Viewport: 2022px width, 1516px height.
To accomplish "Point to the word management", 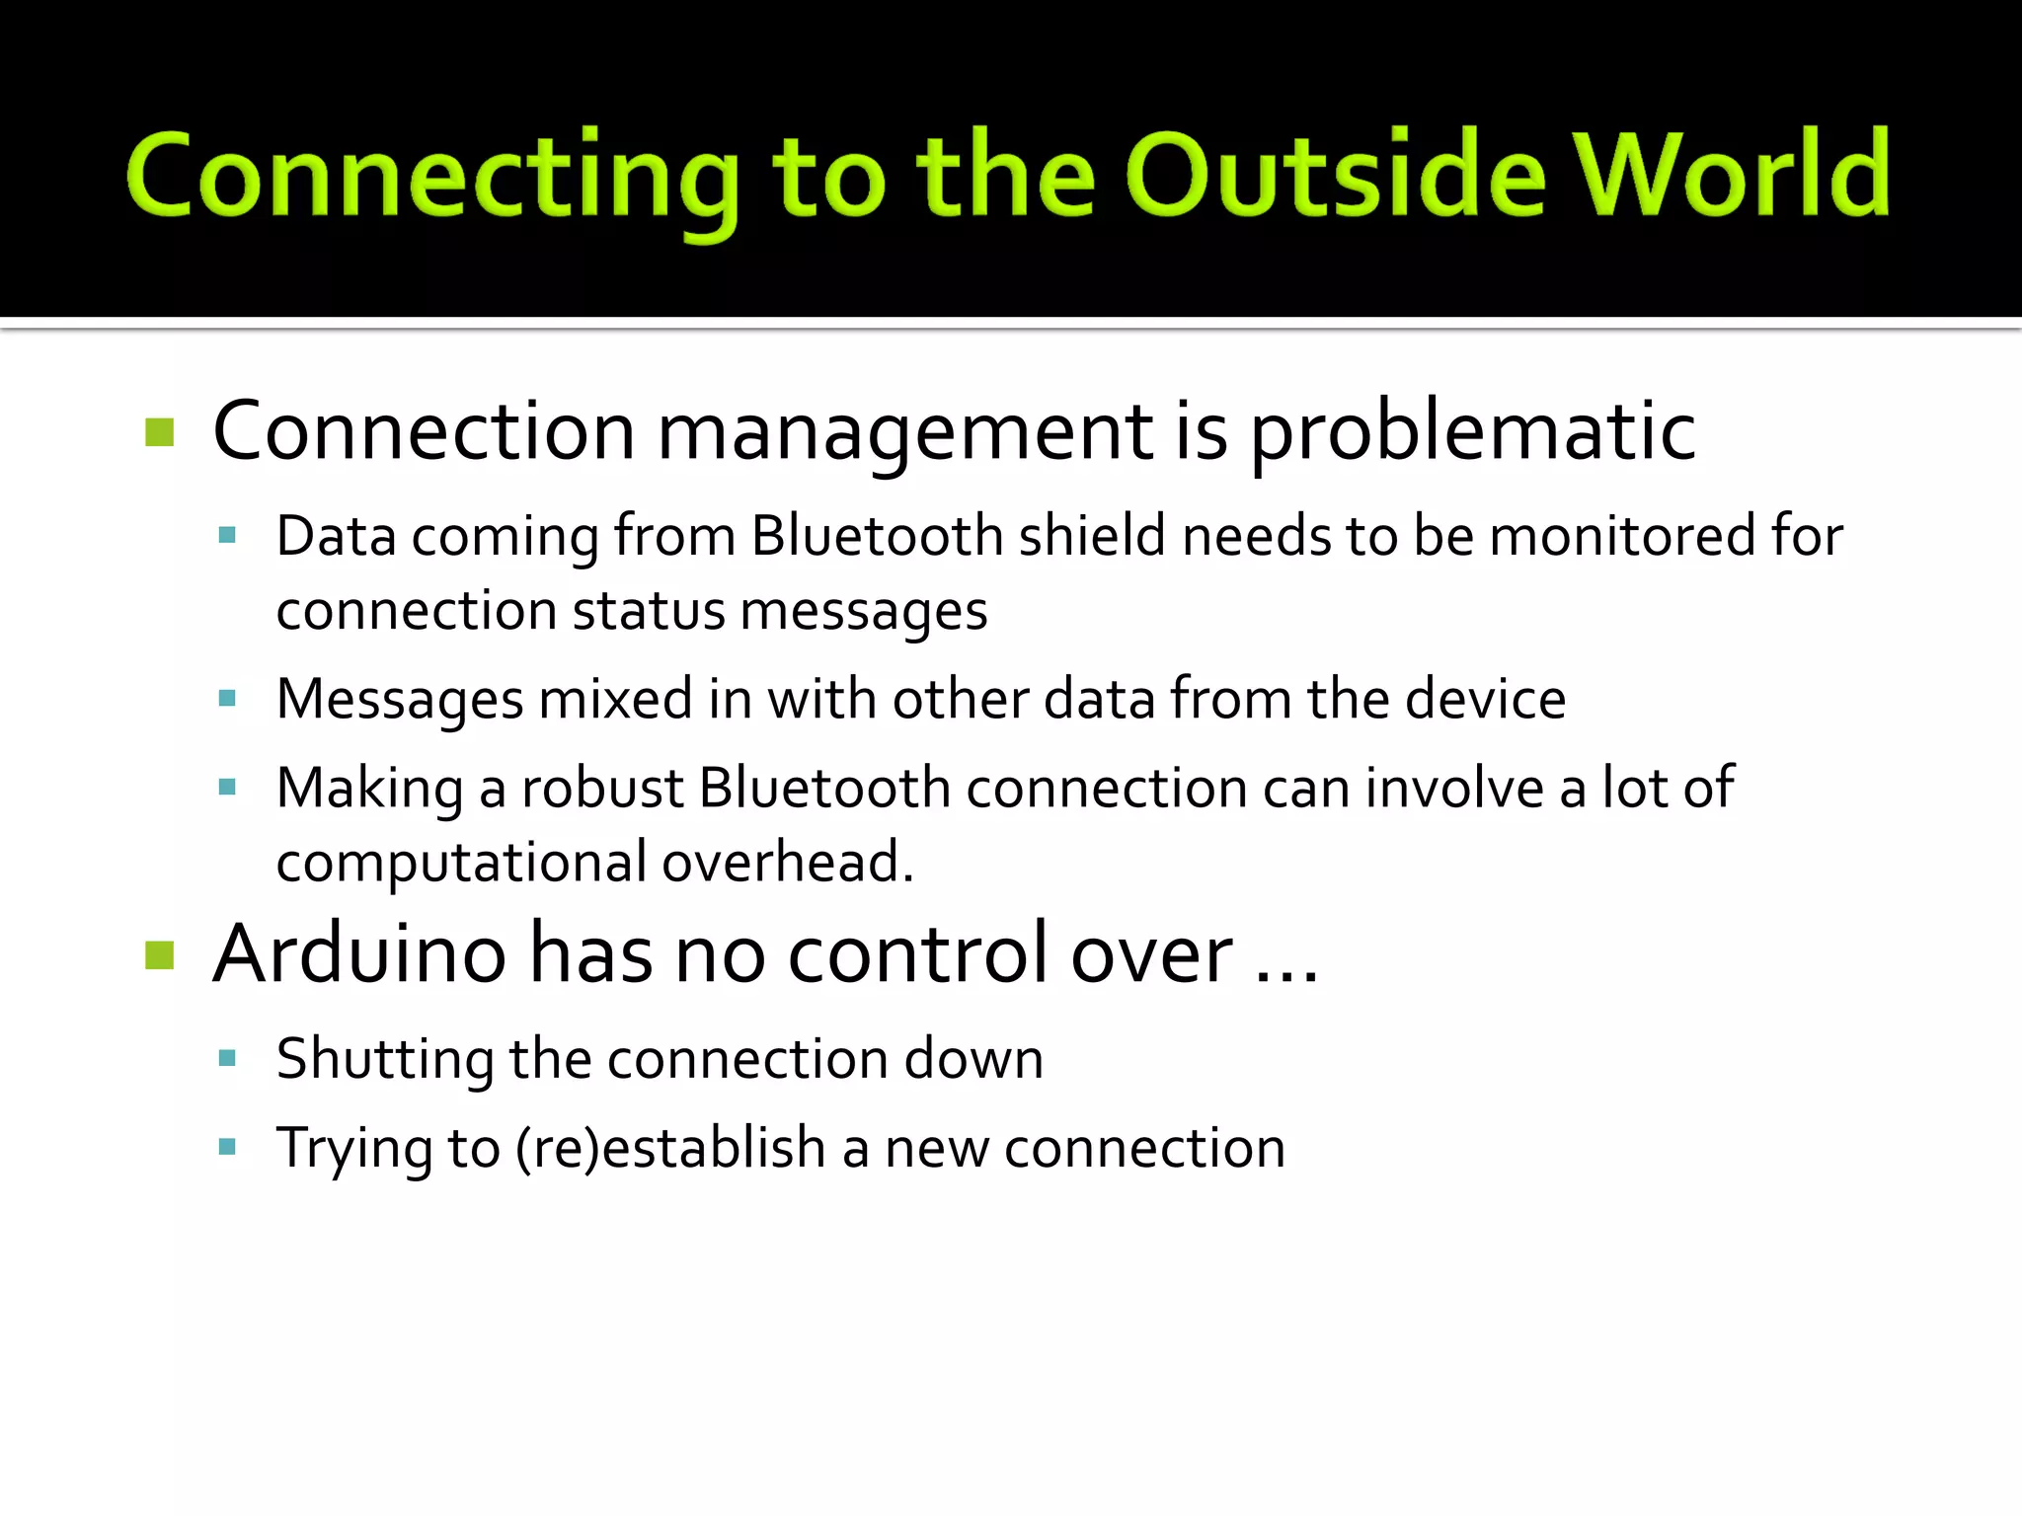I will click(904, 434).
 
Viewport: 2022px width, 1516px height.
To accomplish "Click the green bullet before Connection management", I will click(159, 432).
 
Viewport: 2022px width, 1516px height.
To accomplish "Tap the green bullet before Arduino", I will click(159, 954).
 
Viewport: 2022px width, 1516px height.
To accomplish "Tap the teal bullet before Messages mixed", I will click(227, 699).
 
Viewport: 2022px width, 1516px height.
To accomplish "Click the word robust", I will click(602, 788).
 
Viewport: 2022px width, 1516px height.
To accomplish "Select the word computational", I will click(461, 864).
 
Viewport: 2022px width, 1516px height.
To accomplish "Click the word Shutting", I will click(384, 1060).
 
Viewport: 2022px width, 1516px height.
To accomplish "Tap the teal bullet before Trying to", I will click(227, 1147).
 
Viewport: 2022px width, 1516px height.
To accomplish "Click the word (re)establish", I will click(670, 1148).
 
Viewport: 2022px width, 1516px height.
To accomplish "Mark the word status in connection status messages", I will click(649, 611).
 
